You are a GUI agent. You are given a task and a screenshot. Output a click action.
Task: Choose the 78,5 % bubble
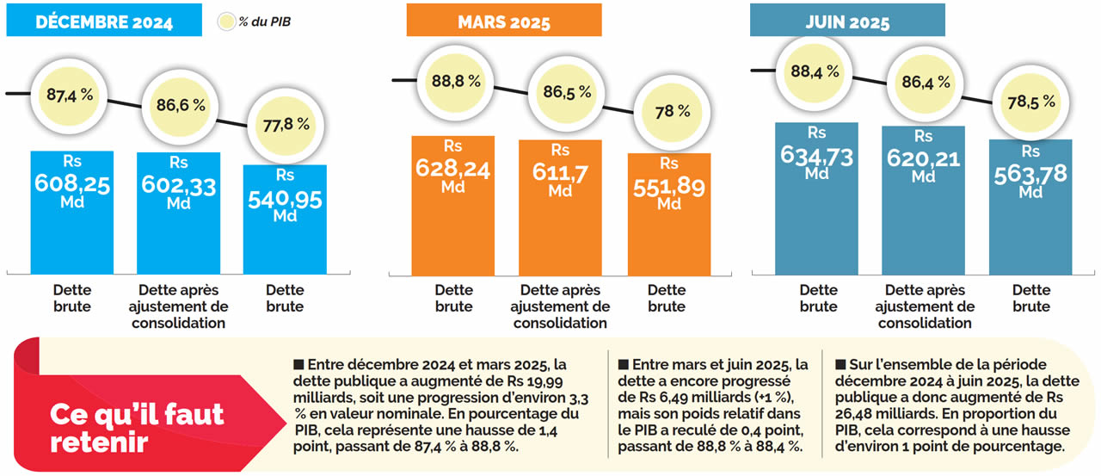tap(1031, 102)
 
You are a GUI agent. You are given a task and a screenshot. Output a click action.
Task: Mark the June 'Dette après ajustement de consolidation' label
tap(926, 306)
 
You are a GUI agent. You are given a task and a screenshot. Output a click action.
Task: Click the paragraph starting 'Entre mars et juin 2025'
tap(713, 405)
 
